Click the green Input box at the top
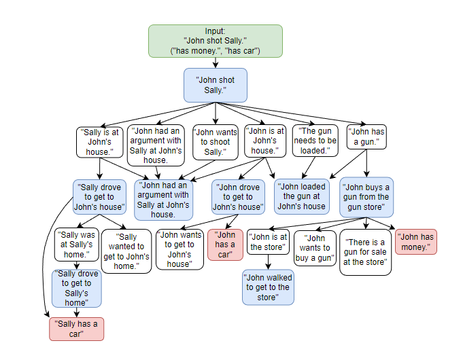pos(215,41)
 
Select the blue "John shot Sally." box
pos(215,85)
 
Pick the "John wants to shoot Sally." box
pos(214,142)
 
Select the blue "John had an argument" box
pos(162,200)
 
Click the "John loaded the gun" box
pos(303,196)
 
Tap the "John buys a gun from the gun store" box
pos(366,196)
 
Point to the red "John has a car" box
pos(225,245)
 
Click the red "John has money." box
pos(415,242)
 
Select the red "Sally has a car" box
pos(76,329)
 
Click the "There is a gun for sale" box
pos(366,252)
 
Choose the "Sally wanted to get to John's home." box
pos(127,251)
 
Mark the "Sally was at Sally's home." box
pos(76,244)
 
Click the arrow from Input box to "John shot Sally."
pos(215,62)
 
